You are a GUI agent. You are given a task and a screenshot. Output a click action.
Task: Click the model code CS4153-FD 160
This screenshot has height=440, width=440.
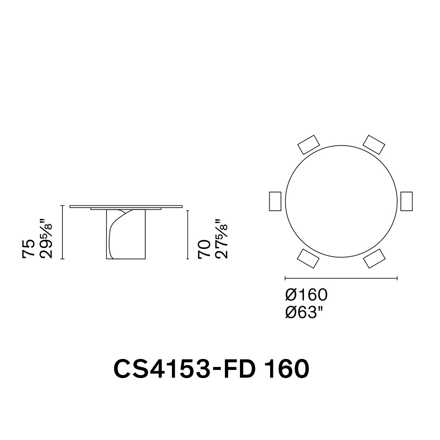pos(211,368)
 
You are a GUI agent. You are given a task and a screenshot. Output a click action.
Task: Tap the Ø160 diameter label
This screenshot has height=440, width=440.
pos(306,294)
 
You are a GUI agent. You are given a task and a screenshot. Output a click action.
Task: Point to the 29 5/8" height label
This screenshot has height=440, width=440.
pos(47,240)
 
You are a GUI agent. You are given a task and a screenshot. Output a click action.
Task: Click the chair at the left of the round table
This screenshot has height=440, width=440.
pos(275,201)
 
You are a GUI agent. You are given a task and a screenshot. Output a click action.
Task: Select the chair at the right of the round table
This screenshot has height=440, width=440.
pos(406,201)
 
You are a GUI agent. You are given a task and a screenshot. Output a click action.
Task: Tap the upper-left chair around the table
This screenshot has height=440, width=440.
pos(309,145)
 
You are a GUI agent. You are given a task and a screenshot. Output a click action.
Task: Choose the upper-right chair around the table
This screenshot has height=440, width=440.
pos(374,145)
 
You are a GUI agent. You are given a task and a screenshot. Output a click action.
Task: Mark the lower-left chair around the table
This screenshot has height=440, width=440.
pos(308,258)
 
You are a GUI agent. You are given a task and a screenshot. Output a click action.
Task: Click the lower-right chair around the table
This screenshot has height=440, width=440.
pos(374,258)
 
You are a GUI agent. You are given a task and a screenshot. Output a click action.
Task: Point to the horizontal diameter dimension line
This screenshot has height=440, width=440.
pos(341,278)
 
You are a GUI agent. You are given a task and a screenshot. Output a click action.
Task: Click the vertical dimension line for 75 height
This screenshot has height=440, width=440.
pos(62,232)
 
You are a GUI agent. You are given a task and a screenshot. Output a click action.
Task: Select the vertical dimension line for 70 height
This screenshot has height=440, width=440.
pos(188,235)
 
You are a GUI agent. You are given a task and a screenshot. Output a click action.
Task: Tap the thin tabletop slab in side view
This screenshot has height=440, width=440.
pos(126,207)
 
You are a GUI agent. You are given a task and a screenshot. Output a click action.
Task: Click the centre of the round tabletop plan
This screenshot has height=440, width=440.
pos(341,201)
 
